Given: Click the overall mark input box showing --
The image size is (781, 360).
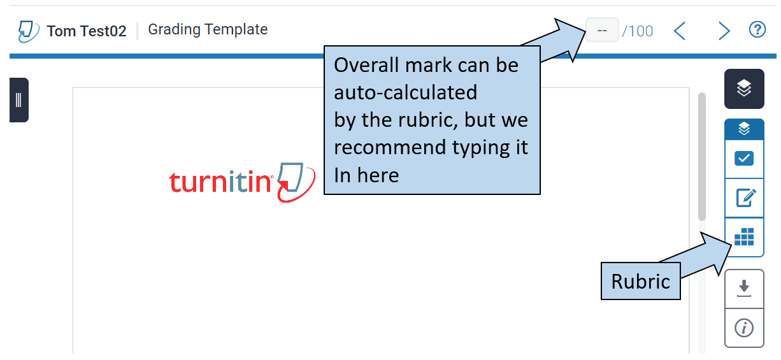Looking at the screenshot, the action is point(602,30).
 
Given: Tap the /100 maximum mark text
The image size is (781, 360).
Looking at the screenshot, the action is point(638,31).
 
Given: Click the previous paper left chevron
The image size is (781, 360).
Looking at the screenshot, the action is point(680,31).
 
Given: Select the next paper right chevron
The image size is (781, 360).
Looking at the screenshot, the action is point(724,31).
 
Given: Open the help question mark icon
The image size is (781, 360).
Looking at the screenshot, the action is point(757,30).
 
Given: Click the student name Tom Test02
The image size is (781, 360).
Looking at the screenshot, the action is point(87,31).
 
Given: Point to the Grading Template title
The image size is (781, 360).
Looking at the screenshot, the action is point(208,30).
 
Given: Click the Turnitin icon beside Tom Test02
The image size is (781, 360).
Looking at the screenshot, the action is point(29,31).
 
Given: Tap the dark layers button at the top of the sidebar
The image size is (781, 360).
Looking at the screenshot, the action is point(744,89).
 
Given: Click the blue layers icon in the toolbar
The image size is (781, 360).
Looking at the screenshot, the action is point(744,129).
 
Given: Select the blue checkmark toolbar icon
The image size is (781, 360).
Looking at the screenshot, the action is point(744,159).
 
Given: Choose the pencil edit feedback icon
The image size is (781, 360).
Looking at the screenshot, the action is point(745,198).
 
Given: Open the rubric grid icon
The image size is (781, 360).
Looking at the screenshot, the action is point(744,237).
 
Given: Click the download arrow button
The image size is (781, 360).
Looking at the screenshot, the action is point(744,289).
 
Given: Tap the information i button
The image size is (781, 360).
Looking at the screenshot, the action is point(744,328).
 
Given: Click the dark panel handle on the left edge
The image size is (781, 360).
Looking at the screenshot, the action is point(19,100).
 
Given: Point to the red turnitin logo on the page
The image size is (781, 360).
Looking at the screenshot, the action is point(242,182).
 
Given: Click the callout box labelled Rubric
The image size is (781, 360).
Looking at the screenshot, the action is point(640,281).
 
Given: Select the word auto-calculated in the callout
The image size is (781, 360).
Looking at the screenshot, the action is point(406,92).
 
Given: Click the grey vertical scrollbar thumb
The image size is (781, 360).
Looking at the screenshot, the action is point(702,157).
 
